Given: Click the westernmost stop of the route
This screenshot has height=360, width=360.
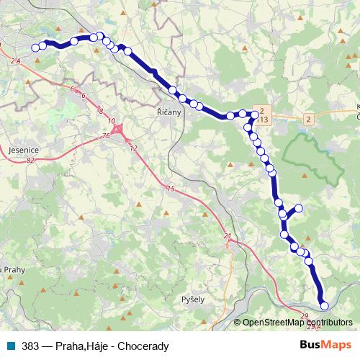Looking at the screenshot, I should (35, 48).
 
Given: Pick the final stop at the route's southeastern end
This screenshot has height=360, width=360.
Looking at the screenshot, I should (324, 305).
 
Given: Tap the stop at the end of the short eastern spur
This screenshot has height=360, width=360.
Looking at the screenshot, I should (299, 209).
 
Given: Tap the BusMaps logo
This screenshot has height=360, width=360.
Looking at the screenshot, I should (325, 345).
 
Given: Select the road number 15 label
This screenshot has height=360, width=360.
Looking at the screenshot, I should (170, 189).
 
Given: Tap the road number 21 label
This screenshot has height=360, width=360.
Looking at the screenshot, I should (228, 236).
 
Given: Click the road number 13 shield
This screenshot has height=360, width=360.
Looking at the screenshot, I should (264, 119).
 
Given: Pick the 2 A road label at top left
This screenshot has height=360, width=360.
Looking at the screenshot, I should (16, 63).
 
